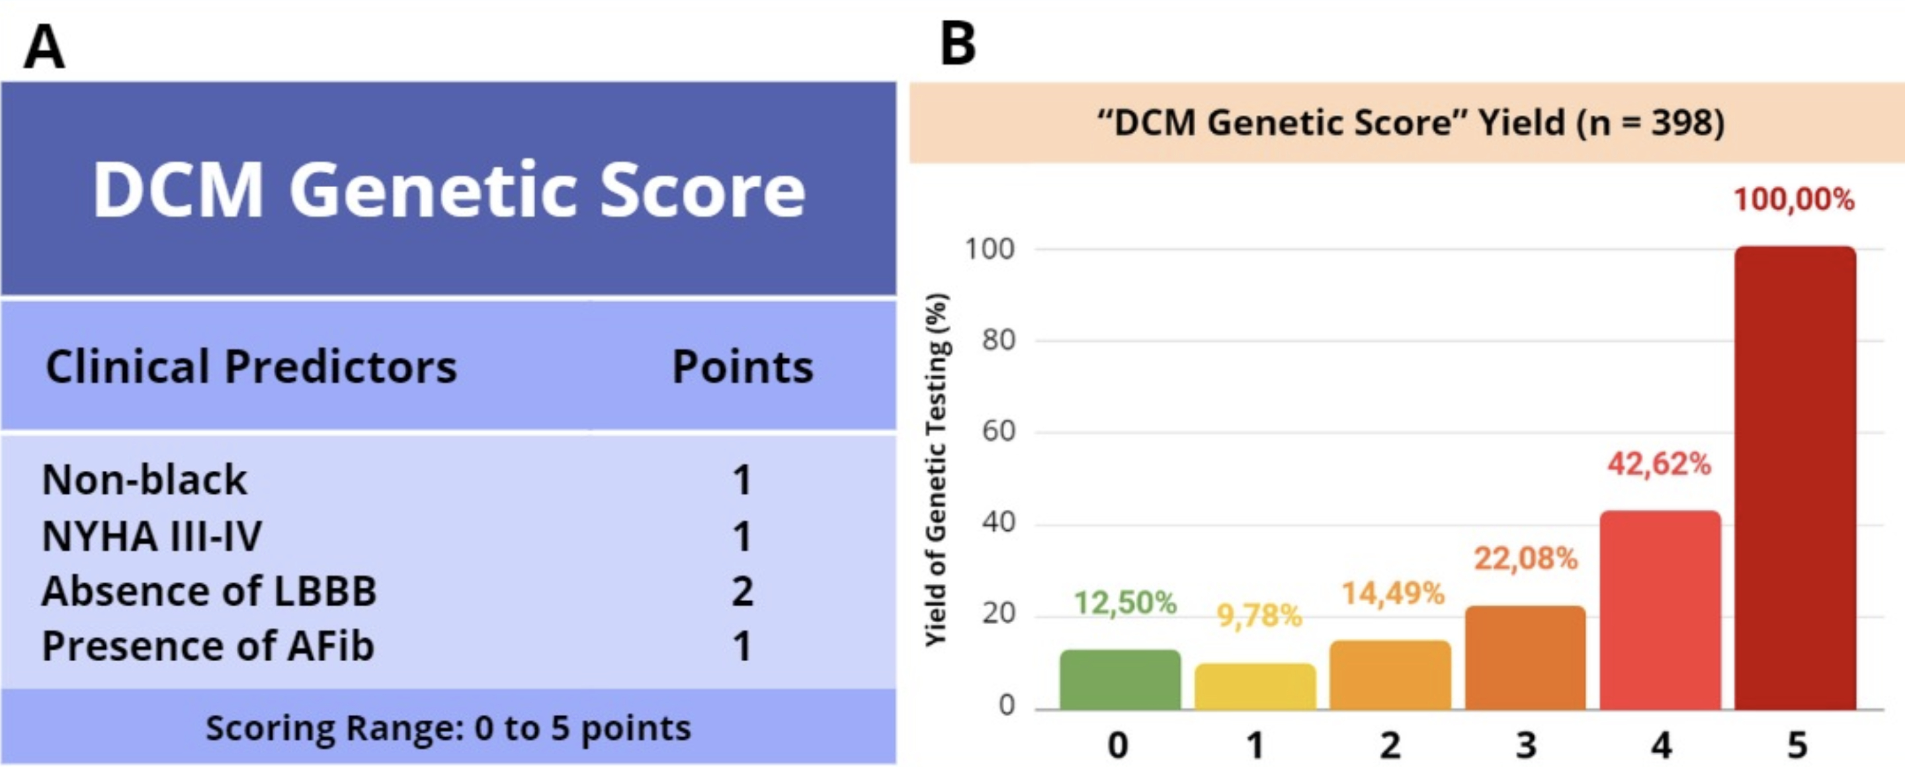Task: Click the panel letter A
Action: [x=44, y=46]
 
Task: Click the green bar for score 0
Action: [x=1120, y=680]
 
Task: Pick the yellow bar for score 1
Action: [x=1255, y=686]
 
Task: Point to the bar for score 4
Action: [x=1660, y=610]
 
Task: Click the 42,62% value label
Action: [x=1659, y=464]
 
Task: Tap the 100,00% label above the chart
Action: [x=1794, y=200]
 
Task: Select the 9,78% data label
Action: [x=1259, y=615]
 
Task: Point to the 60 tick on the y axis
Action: [x=998, y=432]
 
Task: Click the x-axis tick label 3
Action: [x=1525, y=745]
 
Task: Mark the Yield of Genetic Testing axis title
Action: [x=936, y=470]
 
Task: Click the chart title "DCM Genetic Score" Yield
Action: [x=1410, y=122]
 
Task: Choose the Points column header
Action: [x=741, y=366]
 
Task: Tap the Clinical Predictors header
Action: [x=251, y=366]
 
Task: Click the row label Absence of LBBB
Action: [x=209, y=591]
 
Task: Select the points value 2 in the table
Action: [x=742, y=591]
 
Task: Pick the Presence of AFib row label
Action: [x=208, y=646]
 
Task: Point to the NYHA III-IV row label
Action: [x=151, y=536]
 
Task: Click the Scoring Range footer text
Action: [x=448, y=728]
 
